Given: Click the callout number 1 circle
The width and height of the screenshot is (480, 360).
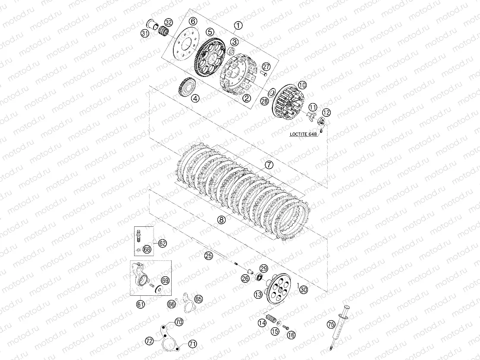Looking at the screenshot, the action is point(238,25).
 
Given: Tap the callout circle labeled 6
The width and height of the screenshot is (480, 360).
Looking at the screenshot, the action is point(193,21).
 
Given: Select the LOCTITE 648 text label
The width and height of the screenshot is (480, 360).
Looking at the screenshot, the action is point(303,134).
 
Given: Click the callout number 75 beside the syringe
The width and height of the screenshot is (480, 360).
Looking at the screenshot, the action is point(331,324).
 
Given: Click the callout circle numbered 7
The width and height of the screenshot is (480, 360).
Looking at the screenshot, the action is point(269,165).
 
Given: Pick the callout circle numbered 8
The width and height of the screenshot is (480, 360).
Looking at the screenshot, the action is point(222,219).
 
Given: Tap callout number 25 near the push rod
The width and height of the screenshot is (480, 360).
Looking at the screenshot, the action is point(208,256).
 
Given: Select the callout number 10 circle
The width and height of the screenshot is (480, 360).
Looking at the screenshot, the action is point(302,85).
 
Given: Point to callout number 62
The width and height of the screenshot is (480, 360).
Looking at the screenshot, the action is point(162,243).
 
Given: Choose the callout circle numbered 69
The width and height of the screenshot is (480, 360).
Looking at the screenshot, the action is point(165,280).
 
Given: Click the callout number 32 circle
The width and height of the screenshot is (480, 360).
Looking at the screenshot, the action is point(168,22).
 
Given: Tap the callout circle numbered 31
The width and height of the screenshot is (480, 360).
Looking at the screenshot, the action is point(145,33).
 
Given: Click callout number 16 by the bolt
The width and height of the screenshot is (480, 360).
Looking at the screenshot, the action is point(292,335).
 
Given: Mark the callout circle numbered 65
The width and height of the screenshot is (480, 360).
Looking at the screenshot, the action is point(198,299).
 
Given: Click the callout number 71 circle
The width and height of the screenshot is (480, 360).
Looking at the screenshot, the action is point(192,344).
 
